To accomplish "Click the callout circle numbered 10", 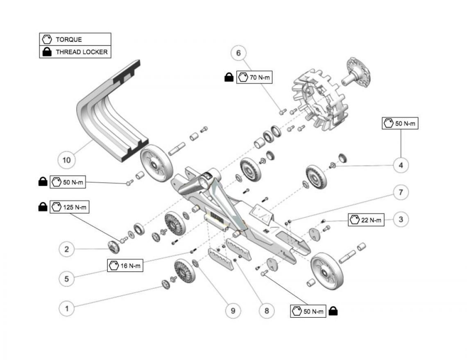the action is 66,160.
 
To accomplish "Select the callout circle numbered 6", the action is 238,53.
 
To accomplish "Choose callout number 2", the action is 67,249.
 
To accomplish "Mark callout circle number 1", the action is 67,308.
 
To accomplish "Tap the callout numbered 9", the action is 233,311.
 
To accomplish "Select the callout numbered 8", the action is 267,311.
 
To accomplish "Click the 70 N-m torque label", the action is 254,77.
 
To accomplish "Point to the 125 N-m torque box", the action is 69,207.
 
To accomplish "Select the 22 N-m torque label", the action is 366,220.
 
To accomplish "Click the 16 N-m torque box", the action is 125,265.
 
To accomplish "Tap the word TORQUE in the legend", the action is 69,39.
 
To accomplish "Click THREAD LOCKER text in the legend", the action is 82,52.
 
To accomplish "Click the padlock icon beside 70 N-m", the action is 229,77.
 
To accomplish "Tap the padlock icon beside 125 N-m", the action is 43,207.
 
